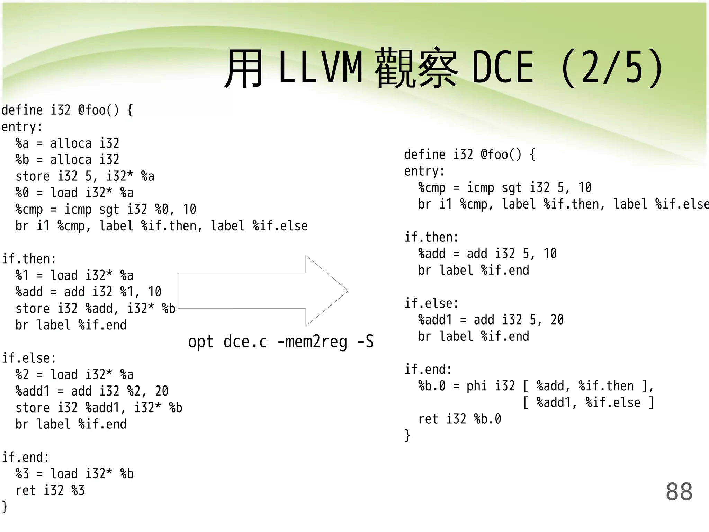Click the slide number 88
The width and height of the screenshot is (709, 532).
[679, 491]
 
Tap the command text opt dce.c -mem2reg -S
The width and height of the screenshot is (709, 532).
[281, 342]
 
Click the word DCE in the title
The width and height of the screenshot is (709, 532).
[503, 67]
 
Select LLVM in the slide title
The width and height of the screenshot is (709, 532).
[320, 67]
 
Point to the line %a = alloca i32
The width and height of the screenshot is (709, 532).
[68, 143]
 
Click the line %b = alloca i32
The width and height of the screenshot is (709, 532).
[68, 160]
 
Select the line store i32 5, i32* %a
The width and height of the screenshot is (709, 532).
[85, 176]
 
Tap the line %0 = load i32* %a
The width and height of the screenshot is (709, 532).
[74, 193]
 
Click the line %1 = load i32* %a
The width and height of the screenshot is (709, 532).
[74, 276]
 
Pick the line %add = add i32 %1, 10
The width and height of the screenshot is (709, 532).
[88, 292]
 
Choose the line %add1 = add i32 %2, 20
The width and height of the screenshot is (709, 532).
[92, 391]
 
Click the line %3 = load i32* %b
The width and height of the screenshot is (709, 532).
[74, 474]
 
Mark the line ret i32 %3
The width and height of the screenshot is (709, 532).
[50, 490]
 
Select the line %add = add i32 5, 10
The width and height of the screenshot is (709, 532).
[487, 254]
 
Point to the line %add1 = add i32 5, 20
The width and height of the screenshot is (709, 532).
[491, 320]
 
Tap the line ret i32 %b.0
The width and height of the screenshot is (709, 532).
[459, 419]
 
